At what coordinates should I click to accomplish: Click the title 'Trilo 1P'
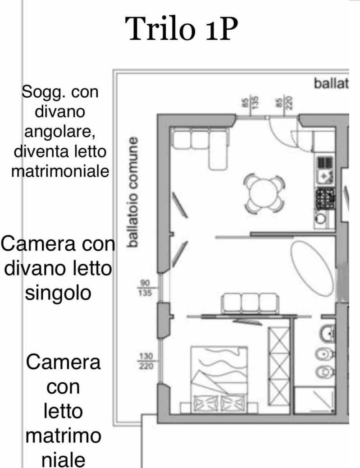[181, 29]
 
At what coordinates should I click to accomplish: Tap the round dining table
[264, 193]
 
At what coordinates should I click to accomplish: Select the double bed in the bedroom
[219, 380]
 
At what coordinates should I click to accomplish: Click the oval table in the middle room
[312, 269]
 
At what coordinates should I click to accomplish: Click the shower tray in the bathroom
[314, 400]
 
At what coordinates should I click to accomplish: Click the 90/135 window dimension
[145, 288]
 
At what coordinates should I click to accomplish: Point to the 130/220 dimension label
[146, 361]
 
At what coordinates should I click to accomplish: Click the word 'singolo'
[58, 294]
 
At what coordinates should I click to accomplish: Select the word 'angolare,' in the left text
[60, 132]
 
